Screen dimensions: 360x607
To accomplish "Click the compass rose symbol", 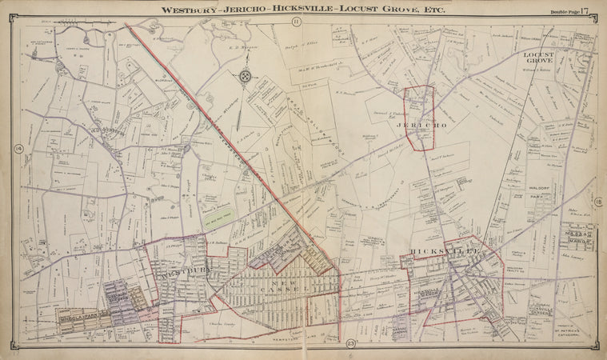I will click(x=245, y=76).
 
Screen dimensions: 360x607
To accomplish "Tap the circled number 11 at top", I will click(x=295, y=22).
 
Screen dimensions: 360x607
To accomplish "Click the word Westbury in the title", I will click(x=192, y=10).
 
